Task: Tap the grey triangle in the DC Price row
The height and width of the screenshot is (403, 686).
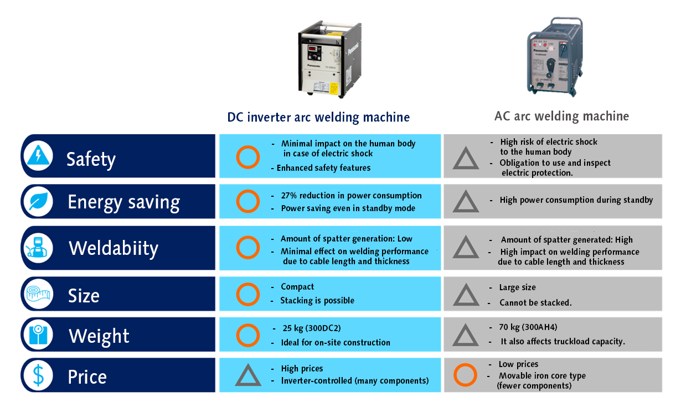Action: (x=247, y=375)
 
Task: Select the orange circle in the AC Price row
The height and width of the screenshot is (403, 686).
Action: (x=465, y=375)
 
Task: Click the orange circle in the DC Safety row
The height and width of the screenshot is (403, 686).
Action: (x=247, y=157)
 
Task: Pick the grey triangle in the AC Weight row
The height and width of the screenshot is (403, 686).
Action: (x=466, y=336)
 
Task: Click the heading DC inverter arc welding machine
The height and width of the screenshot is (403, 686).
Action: (x=318, y=117)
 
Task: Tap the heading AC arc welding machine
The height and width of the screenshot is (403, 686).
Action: (x=561, y=116)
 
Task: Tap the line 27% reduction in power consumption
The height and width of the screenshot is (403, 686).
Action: (x=351, y=196)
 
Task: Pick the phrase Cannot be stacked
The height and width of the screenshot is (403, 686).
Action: (x=535, y=302)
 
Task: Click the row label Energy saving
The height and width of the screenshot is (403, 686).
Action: (x=123, y=202)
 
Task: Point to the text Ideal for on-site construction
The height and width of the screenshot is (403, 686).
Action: (x=336, y=343)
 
